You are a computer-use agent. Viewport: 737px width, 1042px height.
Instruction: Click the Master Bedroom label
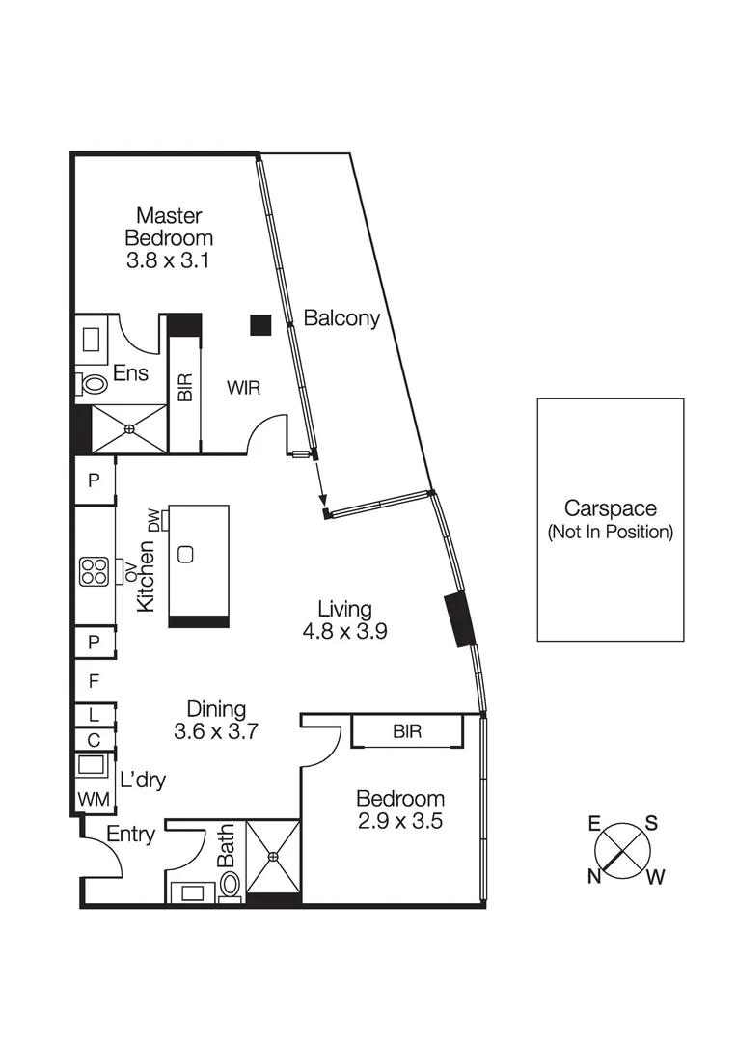click(x=169, y=226)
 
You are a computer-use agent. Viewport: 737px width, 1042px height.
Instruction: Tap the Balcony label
click(x=341, y=317)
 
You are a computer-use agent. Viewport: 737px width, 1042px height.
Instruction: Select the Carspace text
click(x=610, y=508)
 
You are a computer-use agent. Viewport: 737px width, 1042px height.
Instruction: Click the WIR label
click(x=245, y=388)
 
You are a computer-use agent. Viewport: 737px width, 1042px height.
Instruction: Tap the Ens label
click(x=130, y=373)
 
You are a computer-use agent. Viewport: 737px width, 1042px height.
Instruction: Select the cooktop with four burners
click(x=94, y=571)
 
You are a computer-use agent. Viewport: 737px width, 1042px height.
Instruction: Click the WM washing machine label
click(x=95, y=798)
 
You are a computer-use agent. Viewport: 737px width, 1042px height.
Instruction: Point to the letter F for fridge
click(x=94, y=681)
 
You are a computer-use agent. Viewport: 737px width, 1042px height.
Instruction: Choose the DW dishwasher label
click(x=153, y=521)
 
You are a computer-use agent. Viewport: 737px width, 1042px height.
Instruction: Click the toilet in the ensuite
click(x=93, y=384)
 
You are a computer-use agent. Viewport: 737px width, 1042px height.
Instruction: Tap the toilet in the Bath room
click(x=231, y=883)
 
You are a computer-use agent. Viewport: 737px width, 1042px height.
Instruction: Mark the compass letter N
click(x=595, y=875)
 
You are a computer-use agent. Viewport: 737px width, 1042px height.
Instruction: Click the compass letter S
click(x=651, y=823)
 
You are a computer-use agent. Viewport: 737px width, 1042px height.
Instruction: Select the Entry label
click(x=130, y=835)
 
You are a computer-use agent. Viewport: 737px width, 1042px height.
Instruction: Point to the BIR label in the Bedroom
click(x=407, y=731)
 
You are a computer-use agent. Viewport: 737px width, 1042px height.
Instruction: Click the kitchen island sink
click(x=186, y=554)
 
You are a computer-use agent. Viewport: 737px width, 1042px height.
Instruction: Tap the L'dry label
click(x=142, y=780)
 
